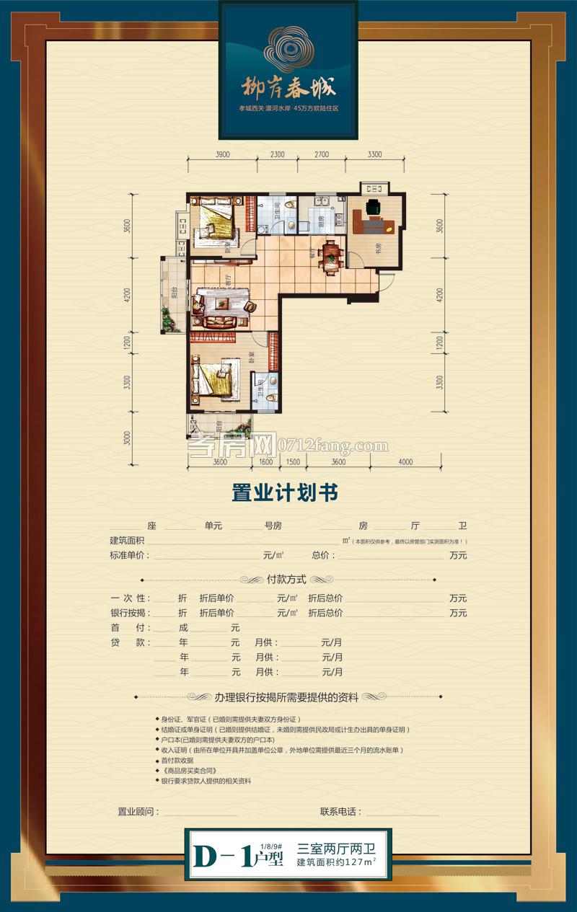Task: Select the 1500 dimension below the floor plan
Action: coord(293,462)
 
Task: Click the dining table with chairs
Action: coord(331,253)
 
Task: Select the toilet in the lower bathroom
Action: coord(271,396)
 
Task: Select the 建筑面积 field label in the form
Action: coord(128,541)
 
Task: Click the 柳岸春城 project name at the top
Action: coord(288,87)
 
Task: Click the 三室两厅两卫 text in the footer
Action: coord(337,850)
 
